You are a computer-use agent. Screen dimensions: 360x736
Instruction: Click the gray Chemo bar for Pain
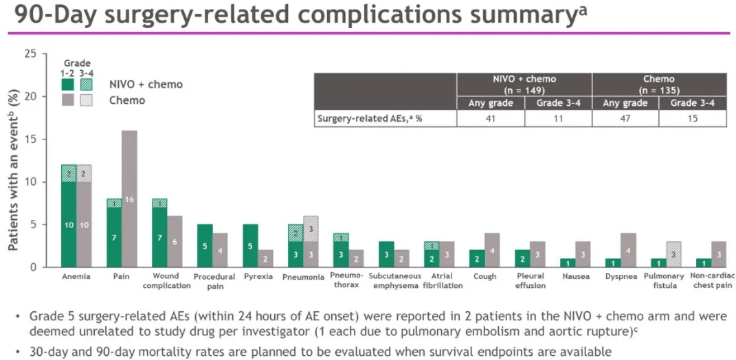coord(129,199)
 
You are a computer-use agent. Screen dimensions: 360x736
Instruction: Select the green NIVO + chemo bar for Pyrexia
coord(250,245)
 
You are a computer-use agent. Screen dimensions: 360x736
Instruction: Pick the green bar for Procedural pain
coord(204,245)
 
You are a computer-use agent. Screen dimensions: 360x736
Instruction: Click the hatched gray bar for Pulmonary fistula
coord(673,254)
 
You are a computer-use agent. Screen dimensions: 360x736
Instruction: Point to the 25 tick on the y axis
coord(28,54)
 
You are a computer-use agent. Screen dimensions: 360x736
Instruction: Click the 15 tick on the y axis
coord(28,139)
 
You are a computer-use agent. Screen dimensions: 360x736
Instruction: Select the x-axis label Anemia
coord(76,276)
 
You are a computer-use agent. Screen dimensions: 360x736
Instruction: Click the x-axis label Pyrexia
coord(258,276)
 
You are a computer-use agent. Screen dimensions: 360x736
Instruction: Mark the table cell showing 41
coord(491,118)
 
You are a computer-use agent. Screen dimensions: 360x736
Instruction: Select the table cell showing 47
coord(625,118)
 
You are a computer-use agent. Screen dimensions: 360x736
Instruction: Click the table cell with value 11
coord(558,118)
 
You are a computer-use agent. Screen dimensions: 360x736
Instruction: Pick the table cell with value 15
coord(692,118)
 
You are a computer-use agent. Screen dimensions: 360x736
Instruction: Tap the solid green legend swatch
coord(68,85)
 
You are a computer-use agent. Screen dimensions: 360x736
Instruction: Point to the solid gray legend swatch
coord(68,100)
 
